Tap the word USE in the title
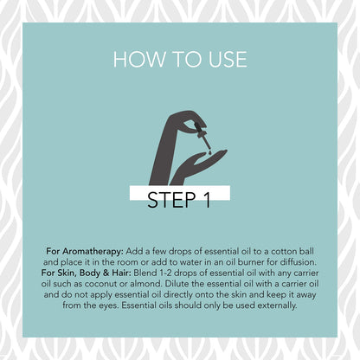(228, 60)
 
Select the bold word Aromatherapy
(93, 252)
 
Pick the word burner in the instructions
(255, 262)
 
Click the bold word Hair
(121, 273)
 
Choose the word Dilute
(177, 284)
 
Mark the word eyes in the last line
(108, 305)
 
